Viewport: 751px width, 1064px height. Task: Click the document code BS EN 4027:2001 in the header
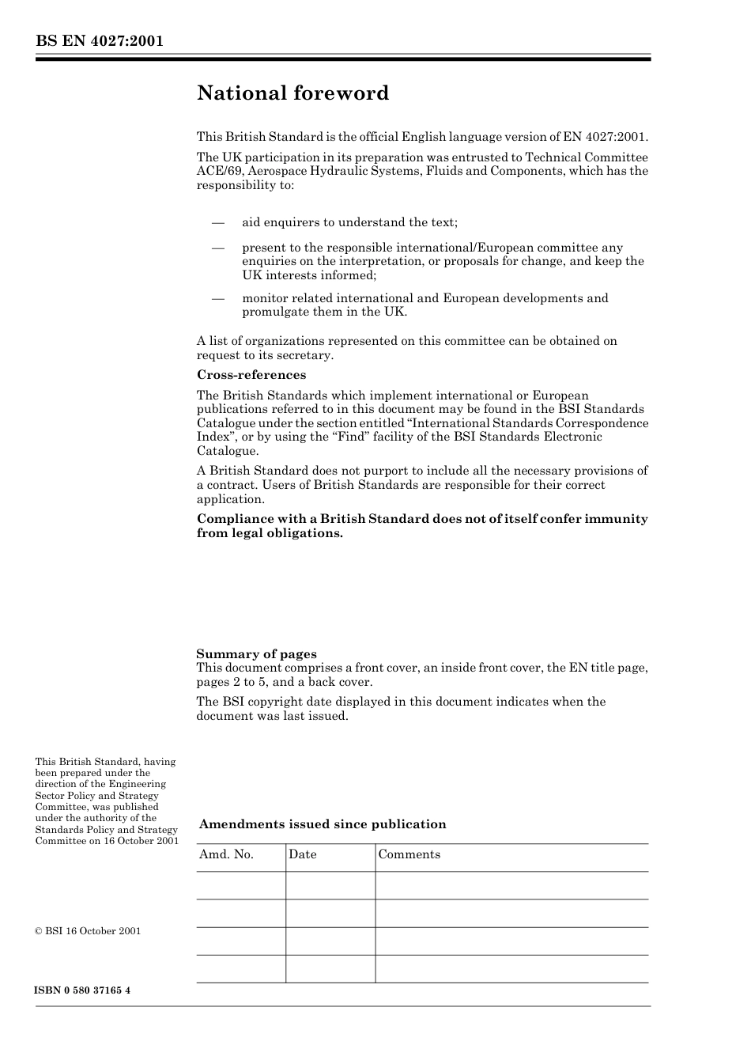pos(99,41)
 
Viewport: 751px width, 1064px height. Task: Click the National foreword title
pos(292,93)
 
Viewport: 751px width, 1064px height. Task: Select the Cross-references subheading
pos(251,375)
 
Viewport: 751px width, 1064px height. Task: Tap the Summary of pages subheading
pos(256,653)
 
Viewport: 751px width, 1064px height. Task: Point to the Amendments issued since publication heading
pos(323,824)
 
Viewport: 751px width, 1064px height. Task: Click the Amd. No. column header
pos(226,854)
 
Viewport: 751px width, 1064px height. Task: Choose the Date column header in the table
pos(302,854)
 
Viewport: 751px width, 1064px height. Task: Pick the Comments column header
pos(409,854)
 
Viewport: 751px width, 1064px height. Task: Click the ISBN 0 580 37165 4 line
pos(82,990)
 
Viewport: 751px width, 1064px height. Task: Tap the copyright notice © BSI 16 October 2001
pos(88,931)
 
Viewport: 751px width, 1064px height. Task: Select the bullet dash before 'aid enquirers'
pos(218,222)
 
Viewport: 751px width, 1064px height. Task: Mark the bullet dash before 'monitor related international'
pos(218,298)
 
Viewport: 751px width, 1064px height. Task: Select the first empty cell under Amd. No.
pos(240,885)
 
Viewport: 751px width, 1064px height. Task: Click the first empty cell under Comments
pos(511,885)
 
